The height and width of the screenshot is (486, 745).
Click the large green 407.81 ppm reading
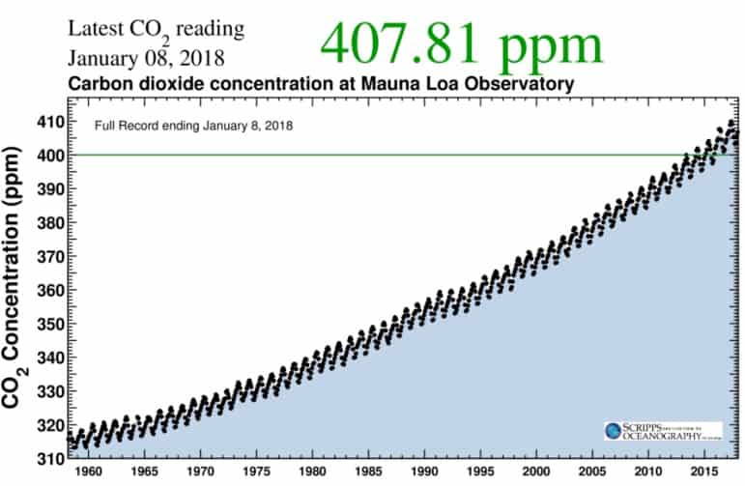(461, 42)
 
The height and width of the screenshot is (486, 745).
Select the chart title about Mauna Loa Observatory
(320, 84)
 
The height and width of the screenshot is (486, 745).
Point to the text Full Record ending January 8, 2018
(193, 126)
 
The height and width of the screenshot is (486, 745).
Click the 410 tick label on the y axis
(49, 122)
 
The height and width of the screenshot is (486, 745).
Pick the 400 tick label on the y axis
(49, 155)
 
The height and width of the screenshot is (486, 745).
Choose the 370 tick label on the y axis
(49, 256)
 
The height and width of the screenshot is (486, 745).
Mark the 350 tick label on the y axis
(49, 324)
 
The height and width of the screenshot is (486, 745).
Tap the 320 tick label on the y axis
(49, 425)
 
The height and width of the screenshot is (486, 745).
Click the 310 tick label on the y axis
(49, 457)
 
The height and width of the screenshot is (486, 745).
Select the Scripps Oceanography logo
(663, 431)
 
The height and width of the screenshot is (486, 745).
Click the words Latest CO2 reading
(155, 30)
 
